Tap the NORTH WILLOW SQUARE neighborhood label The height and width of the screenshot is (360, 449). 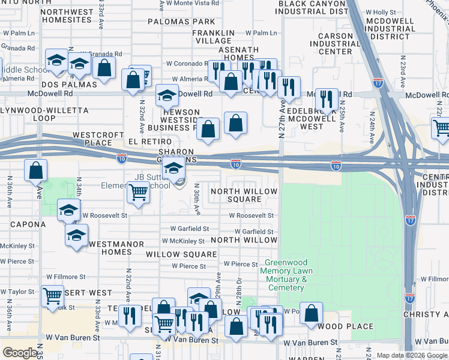[244, 195]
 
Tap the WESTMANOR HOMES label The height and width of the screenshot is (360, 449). [116, 248]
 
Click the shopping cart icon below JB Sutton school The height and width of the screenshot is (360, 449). [138, 193]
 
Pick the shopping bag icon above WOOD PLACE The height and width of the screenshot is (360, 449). [311, 313]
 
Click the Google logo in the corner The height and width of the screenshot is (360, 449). [20, 353]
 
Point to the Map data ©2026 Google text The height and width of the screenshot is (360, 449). [412, 355]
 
